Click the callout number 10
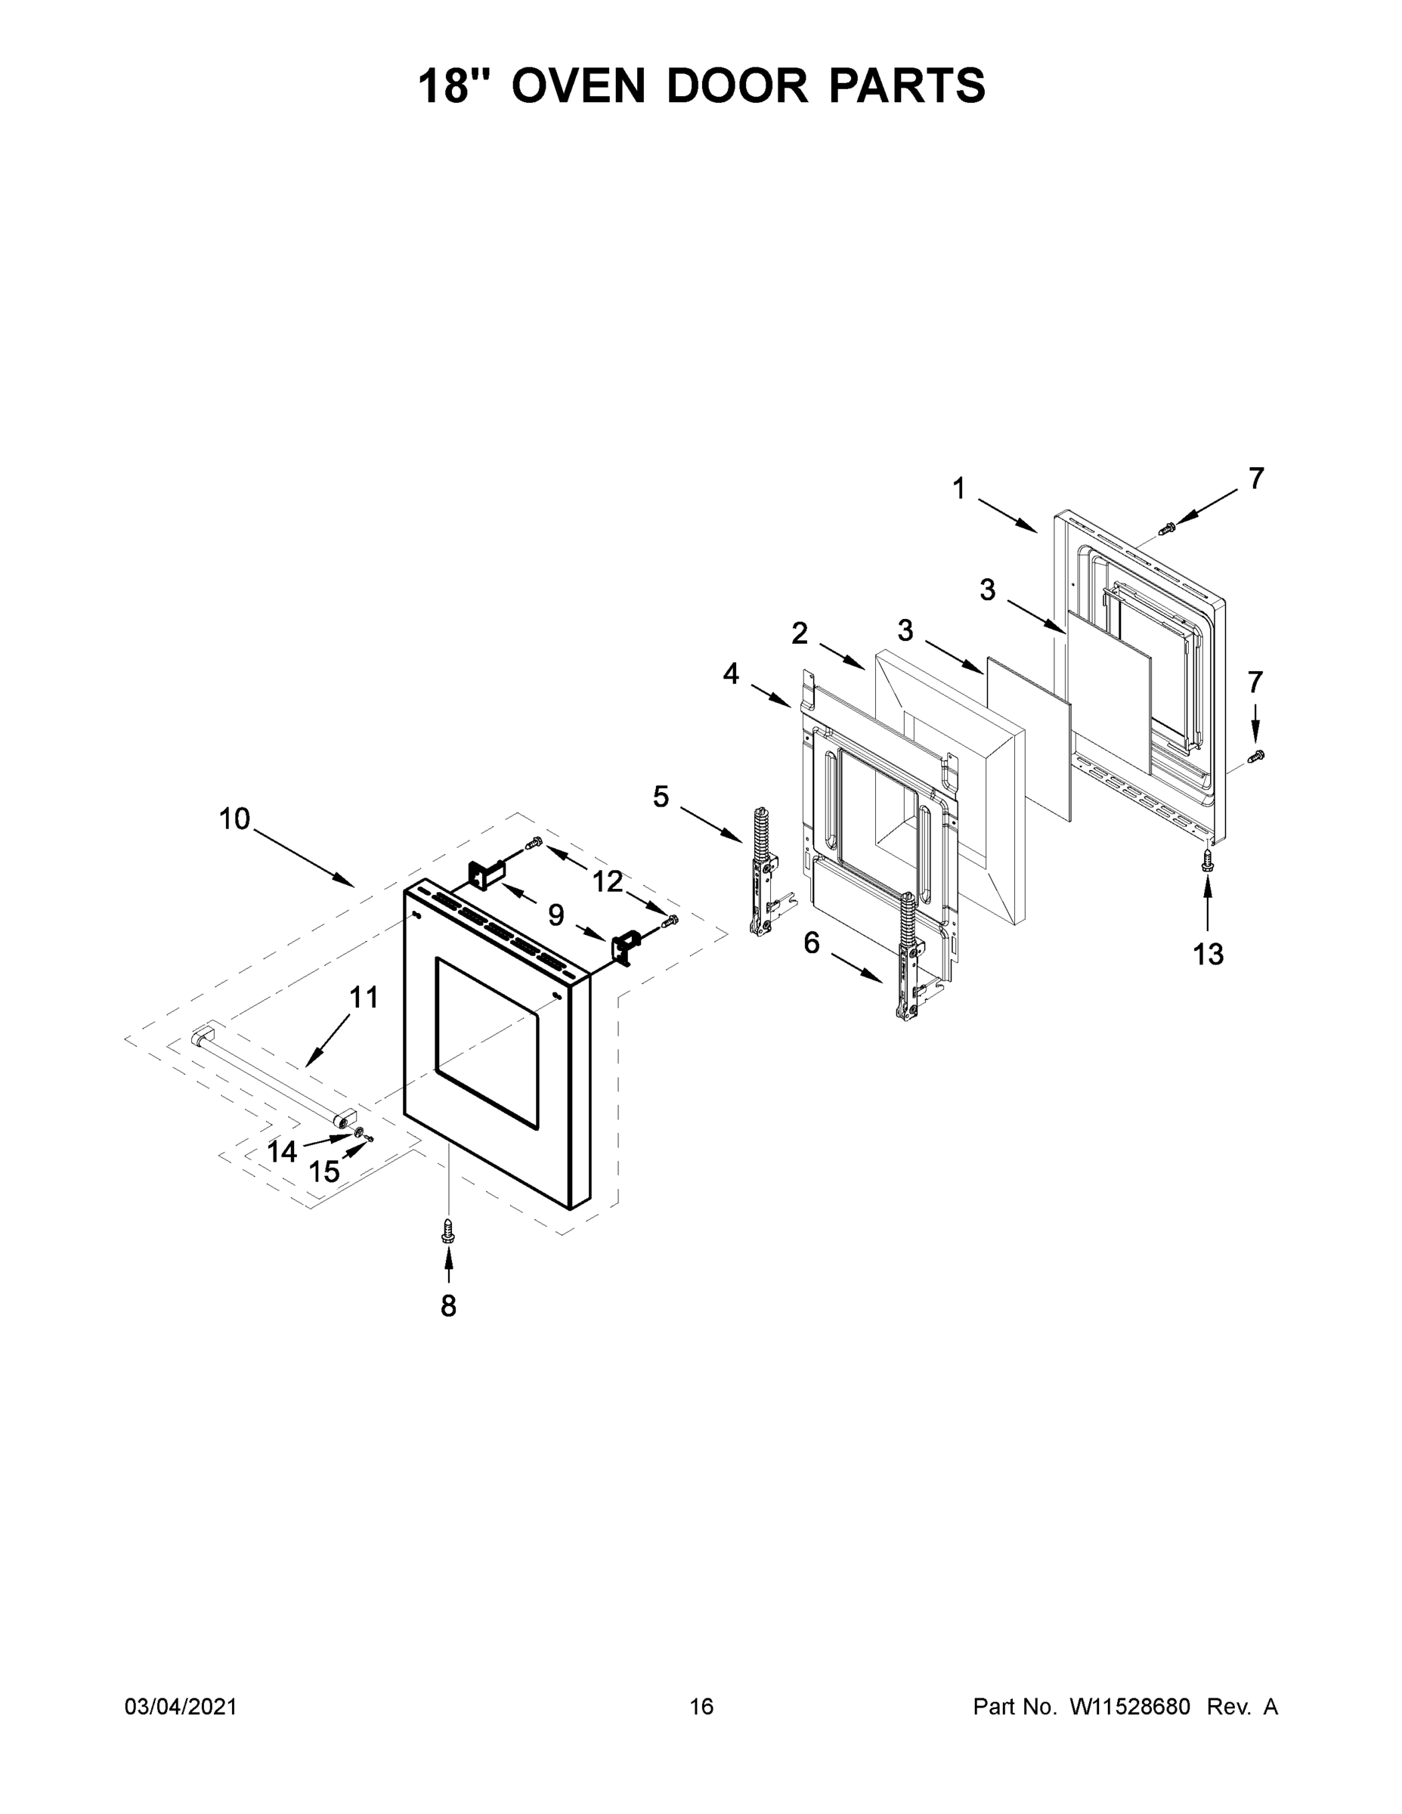click(x=234, y=819)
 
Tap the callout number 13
click(x=1208, y=955)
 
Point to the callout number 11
click(x=363, y=997)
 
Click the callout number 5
click(x=661, y=797)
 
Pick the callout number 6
click(x=812, y=942)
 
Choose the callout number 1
click(x=959, y=488)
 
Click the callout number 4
click(x=731, y=673)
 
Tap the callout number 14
click(x=283, y=1151)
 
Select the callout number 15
click(x=324, y=1172)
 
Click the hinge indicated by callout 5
click(x=762, y=872)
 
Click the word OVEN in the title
click(x=578, y=86)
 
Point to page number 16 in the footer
click(x=701, y=1707)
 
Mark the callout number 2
click(x=799, y=633)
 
